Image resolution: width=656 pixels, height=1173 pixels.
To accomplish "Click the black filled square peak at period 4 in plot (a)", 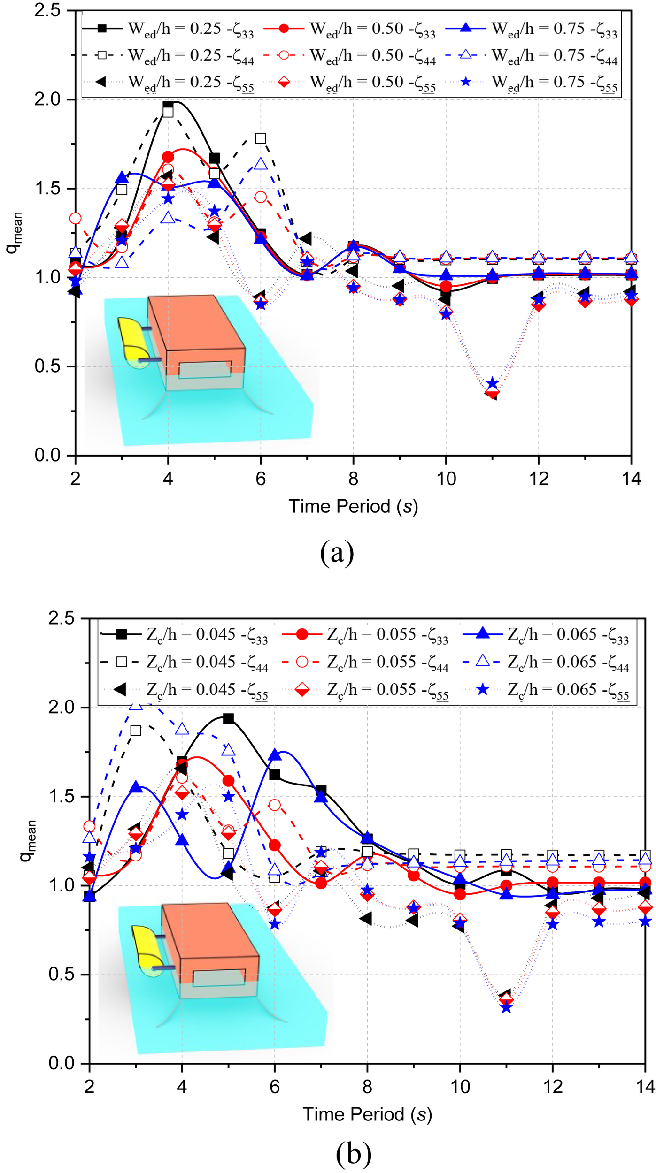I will pos(168,105).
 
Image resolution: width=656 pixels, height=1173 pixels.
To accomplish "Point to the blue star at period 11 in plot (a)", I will pos(492,383).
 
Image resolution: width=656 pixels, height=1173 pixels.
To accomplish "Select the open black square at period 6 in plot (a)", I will pos(261,138).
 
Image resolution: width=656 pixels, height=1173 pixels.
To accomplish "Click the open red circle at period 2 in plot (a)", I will pos(76,218).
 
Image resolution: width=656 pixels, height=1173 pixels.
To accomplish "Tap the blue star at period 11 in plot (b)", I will pos(506,1007).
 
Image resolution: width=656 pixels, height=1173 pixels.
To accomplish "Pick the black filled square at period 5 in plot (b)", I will pos(228,718).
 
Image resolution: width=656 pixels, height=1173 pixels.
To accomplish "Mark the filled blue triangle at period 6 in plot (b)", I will pos(275,755).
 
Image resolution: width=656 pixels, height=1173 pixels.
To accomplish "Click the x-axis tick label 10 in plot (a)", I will pos(446,479).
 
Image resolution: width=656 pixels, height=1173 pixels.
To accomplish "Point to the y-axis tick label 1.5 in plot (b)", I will pos(61,796).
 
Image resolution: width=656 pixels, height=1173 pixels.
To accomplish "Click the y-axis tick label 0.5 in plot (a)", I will pos(47,366).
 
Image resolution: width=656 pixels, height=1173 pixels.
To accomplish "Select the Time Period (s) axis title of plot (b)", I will pos(367,1114).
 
